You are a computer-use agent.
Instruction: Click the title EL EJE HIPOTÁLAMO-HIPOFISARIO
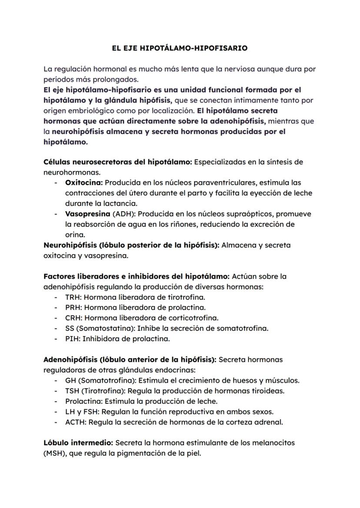click(180, 48)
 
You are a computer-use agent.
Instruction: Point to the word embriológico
click(85, 111)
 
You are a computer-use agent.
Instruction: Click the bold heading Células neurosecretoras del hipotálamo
click(117, 162)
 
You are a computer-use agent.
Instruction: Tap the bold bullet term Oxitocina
click(84, 183)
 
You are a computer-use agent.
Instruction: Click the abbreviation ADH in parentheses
click(121, 214)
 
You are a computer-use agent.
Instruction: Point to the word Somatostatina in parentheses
click(101, 329)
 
